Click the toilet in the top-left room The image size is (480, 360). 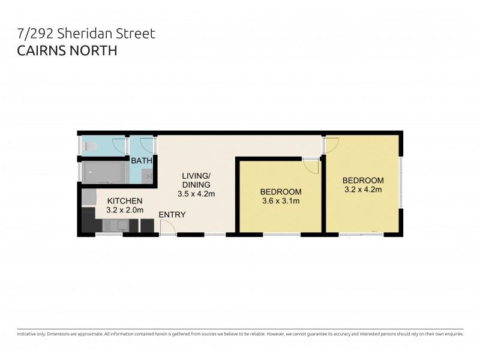point(92,146)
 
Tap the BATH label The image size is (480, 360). point(142,161)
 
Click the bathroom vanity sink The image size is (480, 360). point(149,175)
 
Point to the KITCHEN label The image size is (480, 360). point(125,201)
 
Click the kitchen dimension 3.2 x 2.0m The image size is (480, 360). point(125,211)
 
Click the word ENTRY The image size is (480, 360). point(172,215)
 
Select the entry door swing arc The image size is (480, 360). point(167,226)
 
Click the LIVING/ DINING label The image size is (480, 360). point(196,181)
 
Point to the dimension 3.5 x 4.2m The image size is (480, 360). point(196,194)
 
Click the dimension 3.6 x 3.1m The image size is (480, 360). point(280,201)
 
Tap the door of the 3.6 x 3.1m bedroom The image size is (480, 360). point(311,166)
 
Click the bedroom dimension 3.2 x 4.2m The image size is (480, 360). point(363,190)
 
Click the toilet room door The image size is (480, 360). point(120,146)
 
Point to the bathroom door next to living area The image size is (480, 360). point(147,145)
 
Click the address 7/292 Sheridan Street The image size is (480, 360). point(86,34)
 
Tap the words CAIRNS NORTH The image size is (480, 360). point(67,50)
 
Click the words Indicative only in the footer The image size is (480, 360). point(31,334)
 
